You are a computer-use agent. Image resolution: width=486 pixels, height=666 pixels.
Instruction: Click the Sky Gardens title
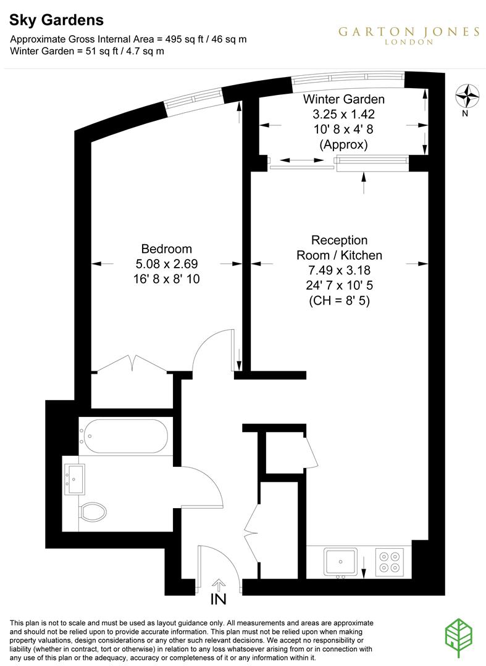tap(56, 20)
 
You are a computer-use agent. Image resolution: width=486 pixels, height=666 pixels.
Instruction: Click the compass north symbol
tap(467, 96)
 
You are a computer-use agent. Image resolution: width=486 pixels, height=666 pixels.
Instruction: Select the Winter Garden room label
tap(343, 99)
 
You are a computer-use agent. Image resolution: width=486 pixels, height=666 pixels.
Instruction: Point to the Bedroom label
tap(167, 249)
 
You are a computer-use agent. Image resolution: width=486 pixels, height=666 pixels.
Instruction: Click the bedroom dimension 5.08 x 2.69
tap(167, 264)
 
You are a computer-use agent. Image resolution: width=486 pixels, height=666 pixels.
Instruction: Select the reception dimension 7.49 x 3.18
tap(340, 270)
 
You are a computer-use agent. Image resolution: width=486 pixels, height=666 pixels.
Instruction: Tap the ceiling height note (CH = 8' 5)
tap(340, 302)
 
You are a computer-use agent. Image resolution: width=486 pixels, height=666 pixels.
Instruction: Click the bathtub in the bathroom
tap(124, 436)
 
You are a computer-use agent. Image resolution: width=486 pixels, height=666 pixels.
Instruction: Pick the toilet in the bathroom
tap(93, 511)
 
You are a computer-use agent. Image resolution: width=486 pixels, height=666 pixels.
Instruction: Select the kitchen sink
tap(340, 562)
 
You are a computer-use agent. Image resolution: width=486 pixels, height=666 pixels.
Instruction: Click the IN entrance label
tap(219, 599)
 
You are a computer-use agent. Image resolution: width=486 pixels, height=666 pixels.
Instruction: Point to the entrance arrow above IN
tap(219, 583)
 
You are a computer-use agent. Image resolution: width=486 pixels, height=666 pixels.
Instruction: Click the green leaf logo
tap(462, 639)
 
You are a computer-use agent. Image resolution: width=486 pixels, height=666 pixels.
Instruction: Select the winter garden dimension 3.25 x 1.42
tap(343, 114)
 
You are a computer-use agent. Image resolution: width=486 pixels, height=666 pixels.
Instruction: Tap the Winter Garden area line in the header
tap(87, 51)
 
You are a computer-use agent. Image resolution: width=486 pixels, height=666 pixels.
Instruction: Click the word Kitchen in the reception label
tap(360, 255)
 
